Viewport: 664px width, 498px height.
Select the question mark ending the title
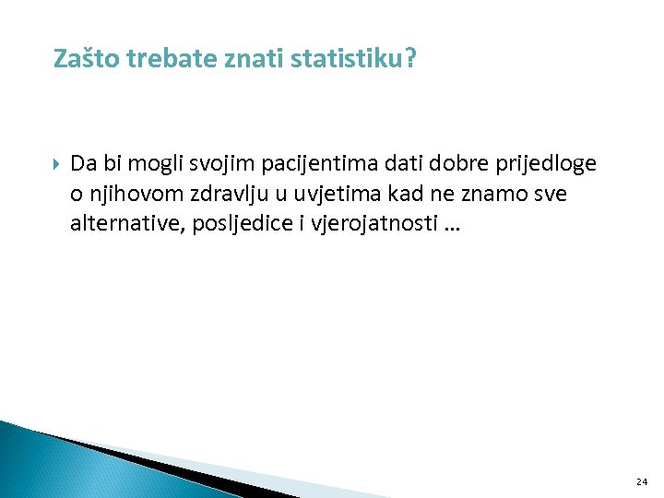coord(409,60)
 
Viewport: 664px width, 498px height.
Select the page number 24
coord(642,481)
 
